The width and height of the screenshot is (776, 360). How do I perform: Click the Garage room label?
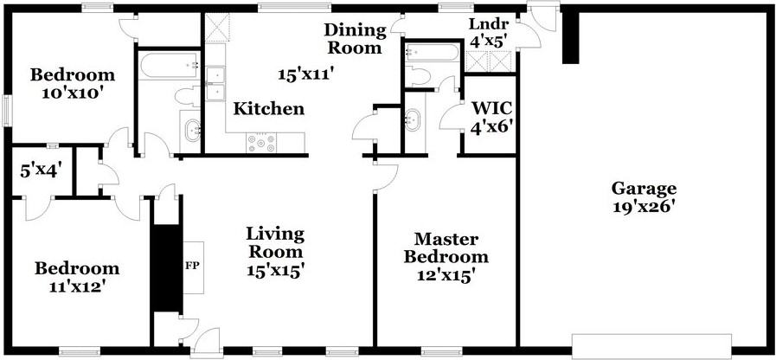[x=644, y=188]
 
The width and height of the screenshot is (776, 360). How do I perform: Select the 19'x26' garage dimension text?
[x=644, y=207]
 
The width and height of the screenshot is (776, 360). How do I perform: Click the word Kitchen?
[x=269, y=109]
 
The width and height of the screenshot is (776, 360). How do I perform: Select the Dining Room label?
[x=353, y=39]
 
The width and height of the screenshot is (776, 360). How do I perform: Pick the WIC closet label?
[x=491, y=109]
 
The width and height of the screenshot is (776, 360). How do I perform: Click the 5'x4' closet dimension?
[x=40, y=170]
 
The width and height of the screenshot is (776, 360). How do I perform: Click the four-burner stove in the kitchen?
[x=261, y=142]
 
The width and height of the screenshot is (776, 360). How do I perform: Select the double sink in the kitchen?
[x=215, y=82]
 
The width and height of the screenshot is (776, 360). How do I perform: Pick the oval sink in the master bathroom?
[x=414, y=119]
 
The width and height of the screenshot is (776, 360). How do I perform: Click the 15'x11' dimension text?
[x=305, y=74]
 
